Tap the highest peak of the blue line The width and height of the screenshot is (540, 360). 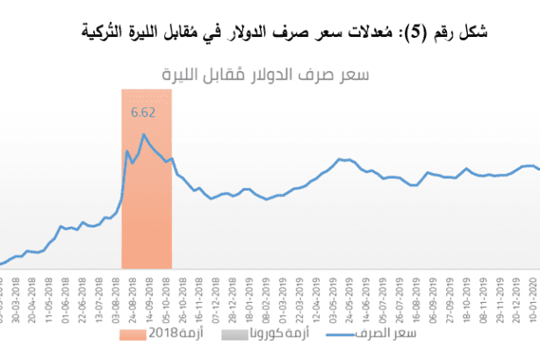[144, 134]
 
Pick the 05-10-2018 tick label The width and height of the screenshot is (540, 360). [172, 294]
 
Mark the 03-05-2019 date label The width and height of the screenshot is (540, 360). [342, 294]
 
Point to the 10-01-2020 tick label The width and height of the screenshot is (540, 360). [530, 294]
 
